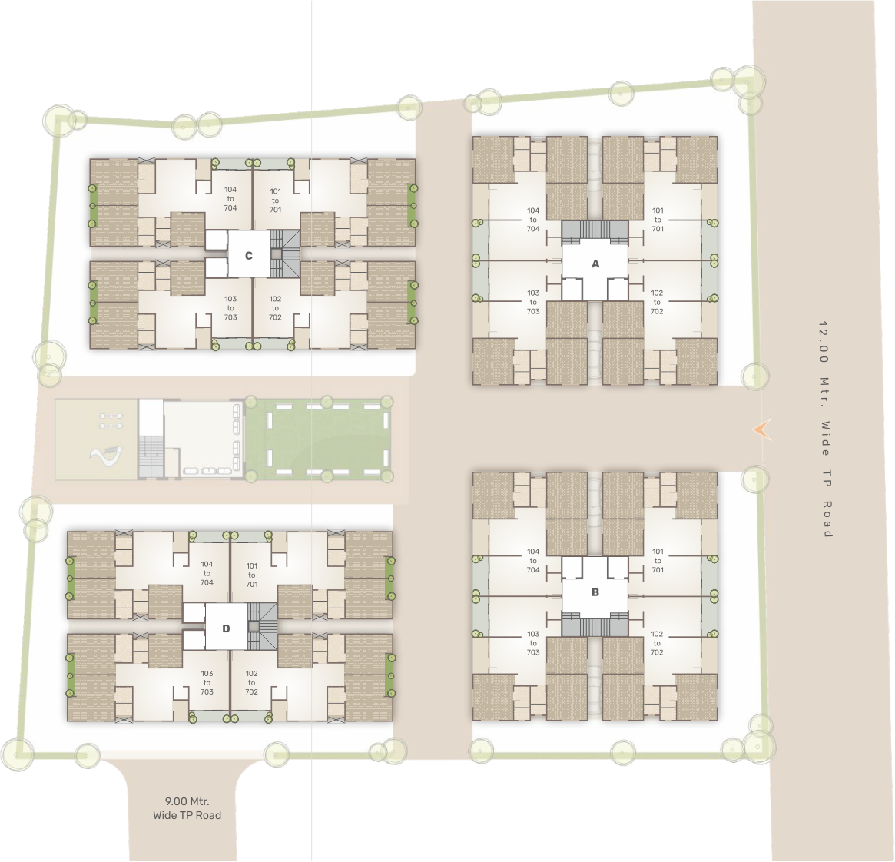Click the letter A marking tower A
click(x=595, y=264)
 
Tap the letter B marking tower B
click(x=595, y=592)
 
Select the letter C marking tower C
click(x=248, y=256)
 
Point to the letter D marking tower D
click(x=226, y=628)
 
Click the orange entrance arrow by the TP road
click(x=762, y=430)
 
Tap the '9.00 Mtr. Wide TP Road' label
click(x=187, y=809)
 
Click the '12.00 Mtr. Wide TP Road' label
click(x=825, y=429)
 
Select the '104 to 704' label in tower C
click(x=230, y=199)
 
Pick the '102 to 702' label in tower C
click(x=275, y=308)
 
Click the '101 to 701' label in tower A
click(x=658, y=220)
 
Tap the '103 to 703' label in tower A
click(x=533, y=302)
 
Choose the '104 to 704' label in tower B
click(x=533, y=561)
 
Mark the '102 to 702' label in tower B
click(x=657, y=643)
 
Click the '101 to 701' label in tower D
click(x=252, y=575)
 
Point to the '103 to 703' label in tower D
click(x=207, y=682)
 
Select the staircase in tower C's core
click(x=284, y=254)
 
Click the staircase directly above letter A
click(x=595, y=230)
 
